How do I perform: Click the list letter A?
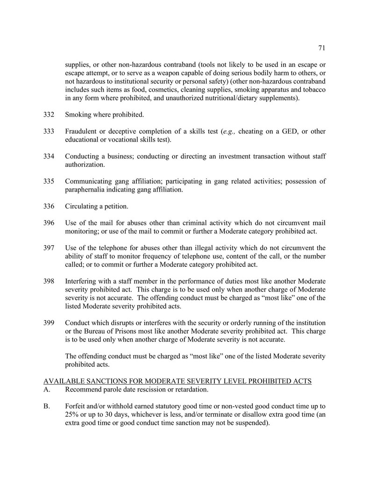[x=47, y=390]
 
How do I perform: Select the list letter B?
[x=47, y=407]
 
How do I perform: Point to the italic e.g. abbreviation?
[x=229, y=131]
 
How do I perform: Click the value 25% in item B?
[x=73, y=415]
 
